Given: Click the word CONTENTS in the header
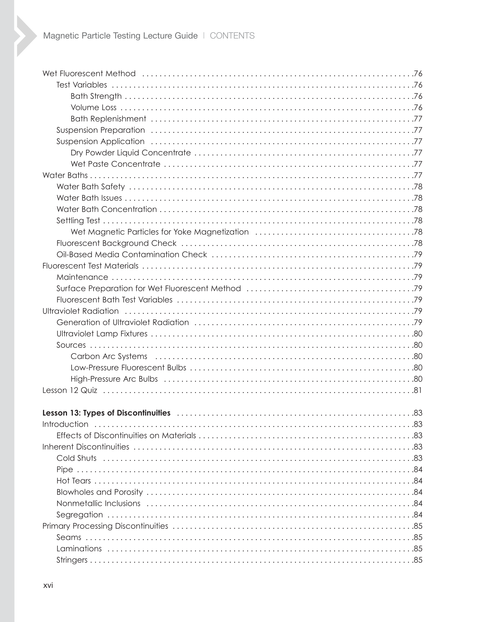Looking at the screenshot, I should click(232, 36).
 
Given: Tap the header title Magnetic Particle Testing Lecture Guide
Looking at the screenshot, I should click(120, 36).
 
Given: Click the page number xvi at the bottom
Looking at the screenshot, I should click(48, 585).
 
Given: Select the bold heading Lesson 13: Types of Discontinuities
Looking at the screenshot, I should click(107, 413).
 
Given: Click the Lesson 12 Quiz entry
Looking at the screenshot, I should click(70, 390).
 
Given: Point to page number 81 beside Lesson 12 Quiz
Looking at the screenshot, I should click(417, 390).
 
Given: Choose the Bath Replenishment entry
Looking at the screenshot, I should click(108, 119).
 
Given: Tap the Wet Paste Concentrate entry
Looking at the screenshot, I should click(115, 164).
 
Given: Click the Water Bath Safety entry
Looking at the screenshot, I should click(90, 186).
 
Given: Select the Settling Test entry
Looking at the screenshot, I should click(78, 220).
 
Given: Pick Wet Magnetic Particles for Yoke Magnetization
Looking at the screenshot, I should click(159, 232).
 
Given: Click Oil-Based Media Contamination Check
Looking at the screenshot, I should click(132, 254).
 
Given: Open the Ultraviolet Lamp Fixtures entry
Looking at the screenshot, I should click(102, 333).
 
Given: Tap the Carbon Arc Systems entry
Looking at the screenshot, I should click(109, 356).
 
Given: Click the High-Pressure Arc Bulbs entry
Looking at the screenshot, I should click(114, 379).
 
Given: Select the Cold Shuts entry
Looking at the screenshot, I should click(76, 458).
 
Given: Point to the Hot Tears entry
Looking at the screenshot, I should click(73, 481).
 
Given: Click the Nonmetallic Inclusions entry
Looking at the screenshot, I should click(98, 503).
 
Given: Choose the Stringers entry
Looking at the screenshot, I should click(72, 560).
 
